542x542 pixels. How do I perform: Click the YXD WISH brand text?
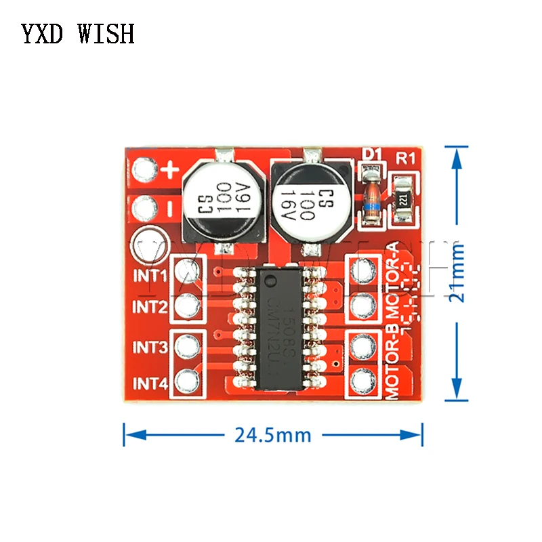tap(77, 33)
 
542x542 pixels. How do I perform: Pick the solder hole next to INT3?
tap(185, 347)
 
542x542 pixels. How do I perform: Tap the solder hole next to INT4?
tap(185, 381)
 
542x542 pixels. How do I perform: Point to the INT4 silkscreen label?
tap(149, 383)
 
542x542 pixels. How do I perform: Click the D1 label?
tap(371, 154)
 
